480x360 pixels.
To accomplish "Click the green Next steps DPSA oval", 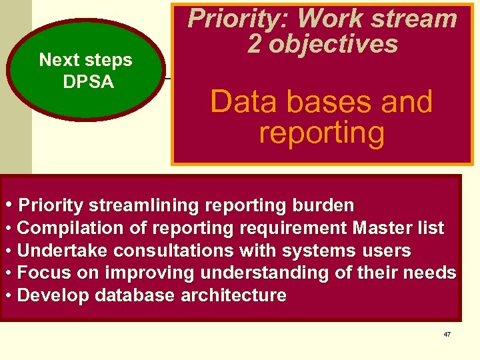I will [85, 70].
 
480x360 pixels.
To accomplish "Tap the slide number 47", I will [447, 334].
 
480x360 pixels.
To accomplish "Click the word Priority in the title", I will [227, 19].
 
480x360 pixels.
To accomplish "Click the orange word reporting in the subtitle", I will [321, 132].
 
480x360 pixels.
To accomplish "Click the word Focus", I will [38, 273].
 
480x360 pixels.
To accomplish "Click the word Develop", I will [47, 295].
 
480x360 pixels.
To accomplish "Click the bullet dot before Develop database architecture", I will [9, 295].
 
